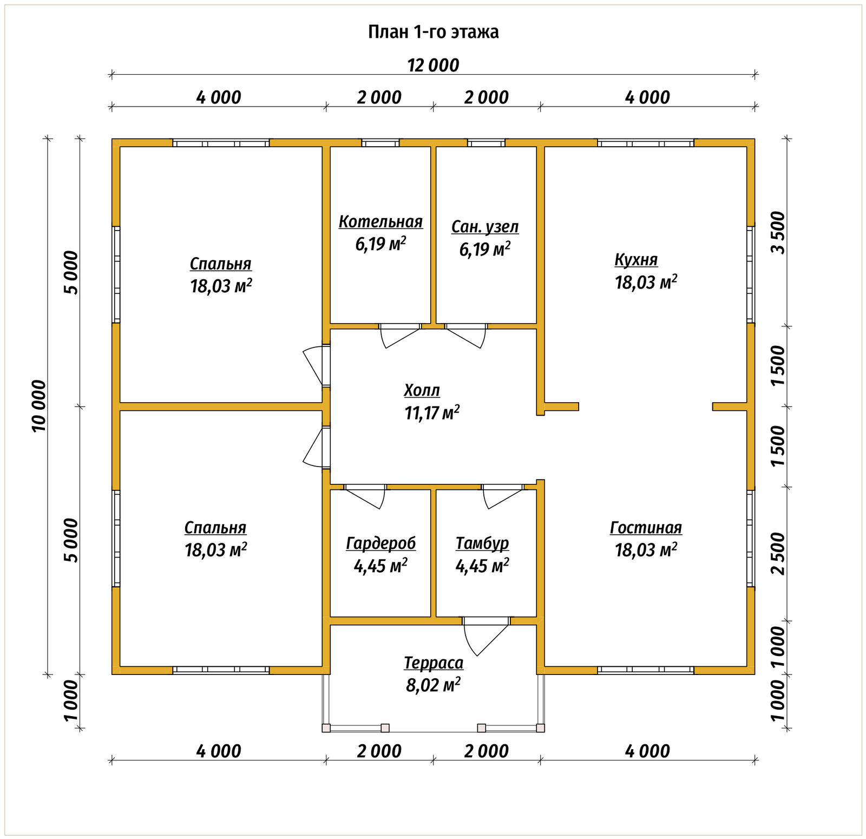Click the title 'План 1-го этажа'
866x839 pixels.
[x=433, y=32]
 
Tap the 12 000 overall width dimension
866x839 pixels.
[x=433, y=65]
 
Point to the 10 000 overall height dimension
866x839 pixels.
[x=40, y=406]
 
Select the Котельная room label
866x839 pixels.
[x=380, y=222]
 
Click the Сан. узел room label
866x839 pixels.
[x=485, y=227]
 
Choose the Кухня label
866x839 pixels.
[x=636, y=260]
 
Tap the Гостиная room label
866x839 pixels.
[x=646, y=528]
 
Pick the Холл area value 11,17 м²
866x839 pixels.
[x=432, y=413]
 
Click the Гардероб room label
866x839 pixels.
[x=381, y=543]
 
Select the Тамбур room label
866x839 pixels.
[x=482, y=543]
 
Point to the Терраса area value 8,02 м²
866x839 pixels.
[x=433, y=685]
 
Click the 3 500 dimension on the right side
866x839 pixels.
[x=778, y=232]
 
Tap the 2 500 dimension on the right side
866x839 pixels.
[x=778, y=553]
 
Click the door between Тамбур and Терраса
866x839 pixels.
[x=486, y=635]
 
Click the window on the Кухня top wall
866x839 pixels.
[x=646, y=143]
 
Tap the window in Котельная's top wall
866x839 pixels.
[x=380, y=143]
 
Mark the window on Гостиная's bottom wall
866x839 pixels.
[x=646, y=670]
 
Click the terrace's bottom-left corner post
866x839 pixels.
[x=326, y=728]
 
